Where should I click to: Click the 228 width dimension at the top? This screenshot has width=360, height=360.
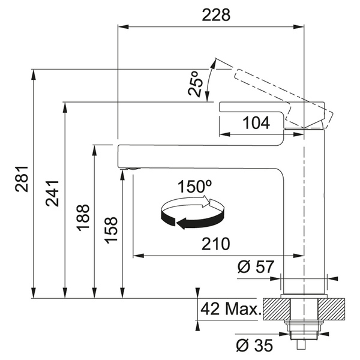(x=216, y=15)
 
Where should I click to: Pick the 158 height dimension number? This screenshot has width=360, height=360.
(x=111, y=230)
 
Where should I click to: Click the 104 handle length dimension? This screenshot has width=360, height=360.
(x=256, y=123)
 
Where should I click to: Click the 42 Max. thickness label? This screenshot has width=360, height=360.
(x=232, y=310)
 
